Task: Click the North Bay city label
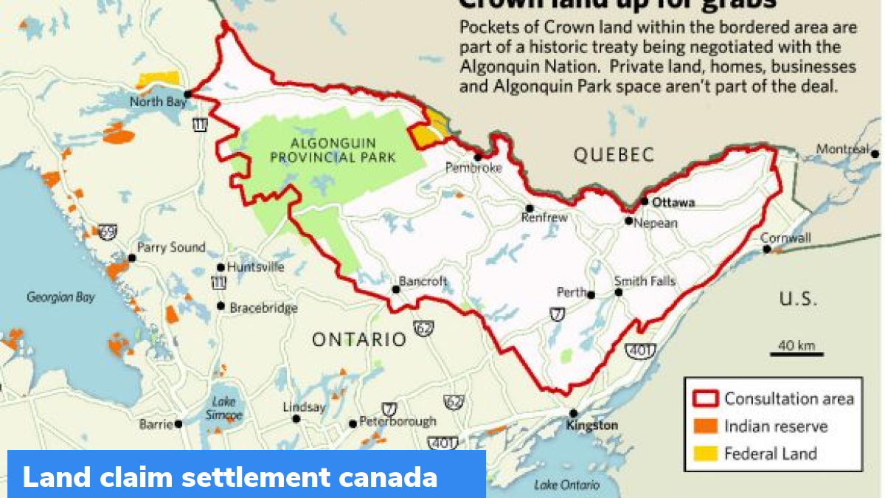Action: click(158, 102)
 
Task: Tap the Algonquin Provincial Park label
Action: click(333, 150)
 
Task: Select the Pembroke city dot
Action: click(478, 156)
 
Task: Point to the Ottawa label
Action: click(673, 202)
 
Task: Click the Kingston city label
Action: click(591, 426)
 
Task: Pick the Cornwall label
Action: click(785, 238)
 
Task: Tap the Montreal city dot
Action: click(875, 154)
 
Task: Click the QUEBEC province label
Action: click(614, 155)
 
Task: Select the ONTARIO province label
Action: click(358, 339)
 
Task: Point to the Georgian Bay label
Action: click(60, 297)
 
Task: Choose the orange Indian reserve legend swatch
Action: click(704, 426)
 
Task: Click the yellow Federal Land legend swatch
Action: click(704, 454)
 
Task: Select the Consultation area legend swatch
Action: click(704, 399)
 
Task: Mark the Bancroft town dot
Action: click(396, 289)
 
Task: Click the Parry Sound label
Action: click(171, 248)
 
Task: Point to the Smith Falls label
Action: click(645, 281)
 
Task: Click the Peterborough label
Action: click(398, 422)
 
